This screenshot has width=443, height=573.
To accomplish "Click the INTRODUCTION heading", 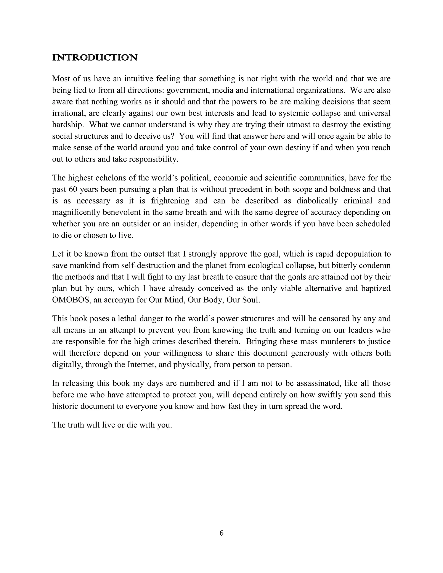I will point(95,58).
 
